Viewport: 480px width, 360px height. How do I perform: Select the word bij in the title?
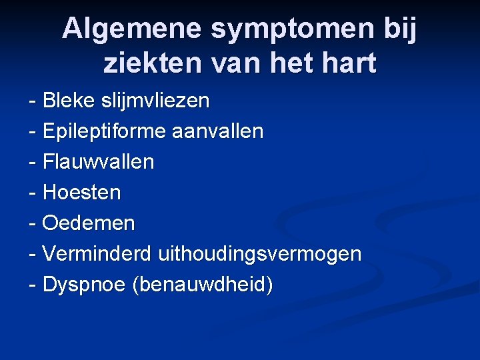[400, 29]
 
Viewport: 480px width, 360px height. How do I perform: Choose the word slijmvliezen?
[156, 101]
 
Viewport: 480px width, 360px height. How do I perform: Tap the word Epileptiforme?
[104, 131]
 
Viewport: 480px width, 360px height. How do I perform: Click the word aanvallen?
[218, 131]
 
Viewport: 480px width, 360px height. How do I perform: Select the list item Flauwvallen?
[98, 162]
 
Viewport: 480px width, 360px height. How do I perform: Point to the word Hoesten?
[81, 193]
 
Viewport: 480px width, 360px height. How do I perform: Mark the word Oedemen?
[89, 223]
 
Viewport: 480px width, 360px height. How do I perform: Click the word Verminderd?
[97, 254]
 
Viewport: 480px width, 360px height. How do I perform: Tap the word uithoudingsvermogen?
[260, 254]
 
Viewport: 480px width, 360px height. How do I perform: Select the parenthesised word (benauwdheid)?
[203, 285]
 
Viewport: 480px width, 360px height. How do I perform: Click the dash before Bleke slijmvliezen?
[33, 102]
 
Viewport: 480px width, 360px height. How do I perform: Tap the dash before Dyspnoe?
[33, 286]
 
